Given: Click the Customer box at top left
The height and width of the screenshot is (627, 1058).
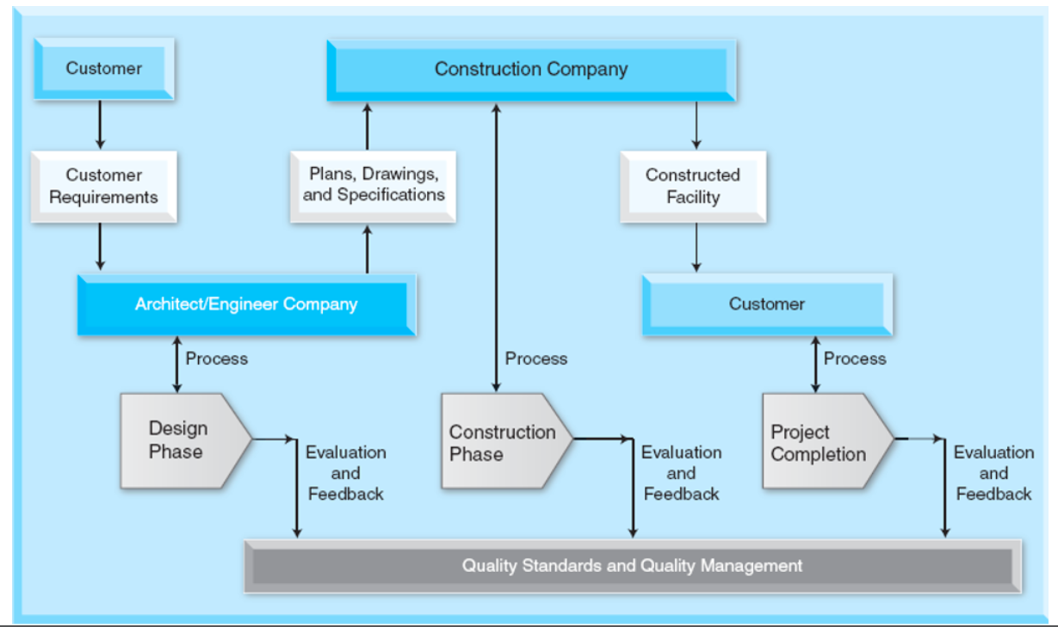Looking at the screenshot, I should click(x=103, y=69).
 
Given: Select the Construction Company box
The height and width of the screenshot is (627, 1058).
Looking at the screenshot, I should click(x=530, y=70).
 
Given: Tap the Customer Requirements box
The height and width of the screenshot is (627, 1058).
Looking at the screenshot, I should click(x=103, y=187).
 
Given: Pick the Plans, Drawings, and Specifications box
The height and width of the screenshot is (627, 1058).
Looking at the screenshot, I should click(x=373, y=185).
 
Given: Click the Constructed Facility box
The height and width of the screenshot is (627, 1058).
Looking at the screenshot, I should click(x=692, y=187).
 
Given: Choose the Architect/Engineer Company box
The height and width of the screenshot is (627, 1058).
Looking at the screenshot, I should click(x=246, y=304).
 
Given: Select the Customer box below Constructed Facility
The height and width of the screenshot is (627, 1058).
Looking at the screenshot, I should click(x=766, y=304).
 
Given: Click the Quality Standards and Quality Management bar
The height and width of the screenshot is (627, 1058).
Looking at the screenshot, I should click(x=632, y=566).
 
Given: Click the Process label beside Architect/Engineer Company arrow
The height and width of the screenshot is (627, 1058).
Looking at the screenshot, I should click(x=216, y=359).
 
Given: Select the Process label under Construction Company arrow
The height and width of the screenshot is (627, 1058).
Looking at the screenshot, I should click(x=535, y=359).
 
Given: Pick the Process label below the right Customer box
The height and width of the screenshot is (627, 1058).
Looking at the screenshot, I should click(x=854, y=359).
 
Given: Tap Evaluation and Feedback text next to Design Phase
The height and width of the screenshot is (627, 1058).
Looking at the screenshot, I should click(x=346, y=473).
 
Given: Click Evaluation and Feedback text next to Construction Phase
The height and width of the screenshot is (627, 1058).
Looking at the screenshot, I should click(x=681, y=473).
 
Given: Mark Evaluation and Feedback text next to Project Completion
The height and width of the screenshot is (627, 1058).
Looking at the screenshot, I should click(x=993, y=473).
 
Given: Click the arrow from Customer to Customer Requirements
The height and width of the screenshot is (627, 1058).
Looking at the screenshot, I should click(x=100, y=126).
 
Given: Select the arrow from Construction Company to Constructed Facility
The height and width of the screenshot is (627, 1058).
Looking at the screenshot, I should click(x=696, y=126).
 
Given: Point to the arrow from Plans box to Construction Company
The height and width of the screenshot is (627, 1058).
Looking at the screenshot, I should click(x=368, y=126).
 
